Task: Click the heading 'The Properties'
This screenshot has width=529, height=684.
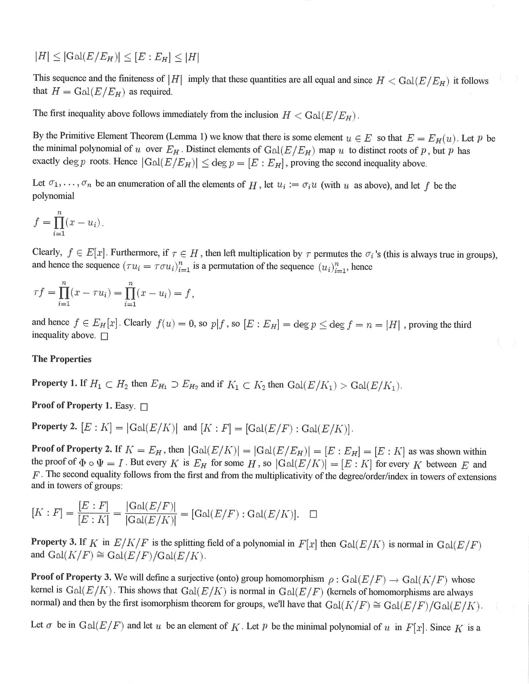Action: [x=62, y=359]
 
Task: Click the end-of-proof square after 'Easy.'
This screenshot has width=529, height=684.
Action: [x=144, y=407]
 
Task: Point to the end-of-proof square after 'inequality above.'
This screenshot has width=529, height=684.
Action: [x=104, y=336]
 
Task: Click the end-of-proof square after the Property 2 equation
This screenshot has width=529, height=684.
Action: [x=313, y=514]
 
